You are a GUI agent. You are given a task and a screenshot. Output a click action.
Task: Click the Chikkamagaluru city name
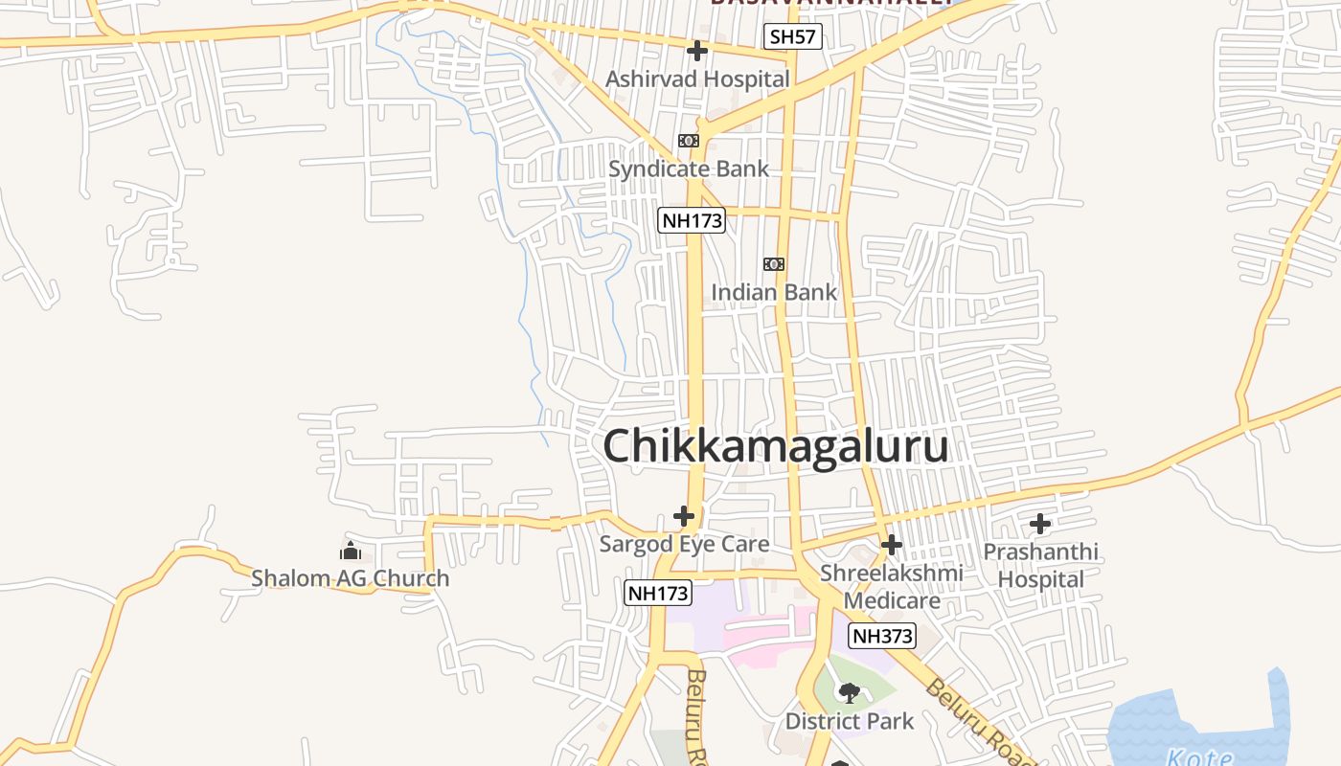pyautogui.click(x=776, y=447)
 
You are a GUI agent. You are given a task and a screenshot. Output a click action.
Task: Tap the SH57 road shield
pyautogui.click(x=794, y=37)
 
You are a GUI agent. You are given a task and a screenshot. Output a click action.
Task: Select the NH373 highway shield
pyautogui.click(x=883, y=636)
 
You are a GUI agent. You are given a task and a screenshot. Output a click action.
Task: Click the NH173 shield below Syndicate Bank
pyautogui.click(x=692, y=221)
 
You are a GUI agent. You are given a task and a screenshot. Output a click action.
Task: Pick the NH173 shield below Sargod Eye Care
pyautogui.click(x=657, y=593)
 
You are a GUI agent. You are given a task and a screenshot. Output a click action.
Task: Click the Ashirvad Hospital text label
pyautogui.click(x=697, y=79)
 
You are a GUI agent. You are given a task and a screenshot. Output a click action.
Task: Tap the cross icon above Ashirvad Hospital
pyautogui.click(x=697, y=51)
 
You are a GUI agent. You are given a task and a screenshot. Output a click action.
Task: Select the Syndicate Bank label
pyautogui.click(x=689, y=169)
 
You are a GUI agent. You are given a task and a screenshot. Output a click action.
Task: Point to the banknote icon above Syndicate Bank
pyautogui.click(x=689, y=141)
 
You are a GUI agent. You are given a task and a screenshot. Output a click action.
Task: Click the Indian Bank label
pyautogui.click(x=774, y=292)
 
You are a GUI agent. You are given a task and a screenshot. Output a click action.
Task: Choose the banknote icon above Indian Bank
pyautogui.click(x=774, y=264)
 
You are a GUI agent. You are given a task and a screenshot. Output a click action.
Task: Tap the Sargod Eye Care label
pyautogui.click(x=684, y=545)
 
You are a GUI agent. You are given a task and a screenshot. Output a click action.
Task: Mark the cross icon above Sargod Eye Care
pyautogui.click(x=684, y=516)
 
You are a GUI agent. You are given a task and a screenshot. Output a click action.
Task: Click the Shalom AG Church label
pyautogui.click(x=350, y=578)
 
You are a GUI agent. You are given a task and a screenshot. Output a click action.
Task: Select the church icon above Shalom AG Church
pyautogui.click(x=351, y=551)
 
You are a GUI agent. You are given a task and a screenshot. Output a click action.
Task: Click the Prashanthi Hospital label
pyautogui.click(x=1040, y=566)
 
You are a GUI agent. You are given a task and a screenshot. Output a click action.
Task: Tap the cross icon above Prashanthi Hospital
pyautogui.click(x=1040, y=524)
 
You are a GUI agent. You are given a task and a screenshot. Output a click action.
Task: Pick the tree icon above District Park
pyautogui.click(x=849, y=692)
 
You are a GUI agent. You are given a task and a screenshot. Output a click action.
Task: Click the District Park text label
pyautogui.click(x=850, y=721)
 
